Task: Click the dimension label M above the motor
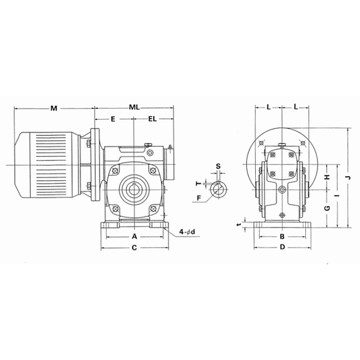tap(54, 108)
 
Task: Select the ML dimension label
tap(134, 107)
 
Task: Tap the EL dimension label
tap(152, 119)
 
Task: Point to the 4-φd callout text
tap(187, 232)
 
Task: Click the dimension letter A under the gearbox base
tap(134, 237)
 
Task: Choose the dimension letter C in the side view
tap(134, 248)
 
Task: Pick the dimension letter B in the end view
tap(282, 237)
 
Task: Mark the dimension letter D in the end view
tap(282, 247)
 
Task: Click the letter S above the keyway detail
tap(219, 166)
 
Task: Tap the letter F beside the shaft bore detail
tap(199, 197)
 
